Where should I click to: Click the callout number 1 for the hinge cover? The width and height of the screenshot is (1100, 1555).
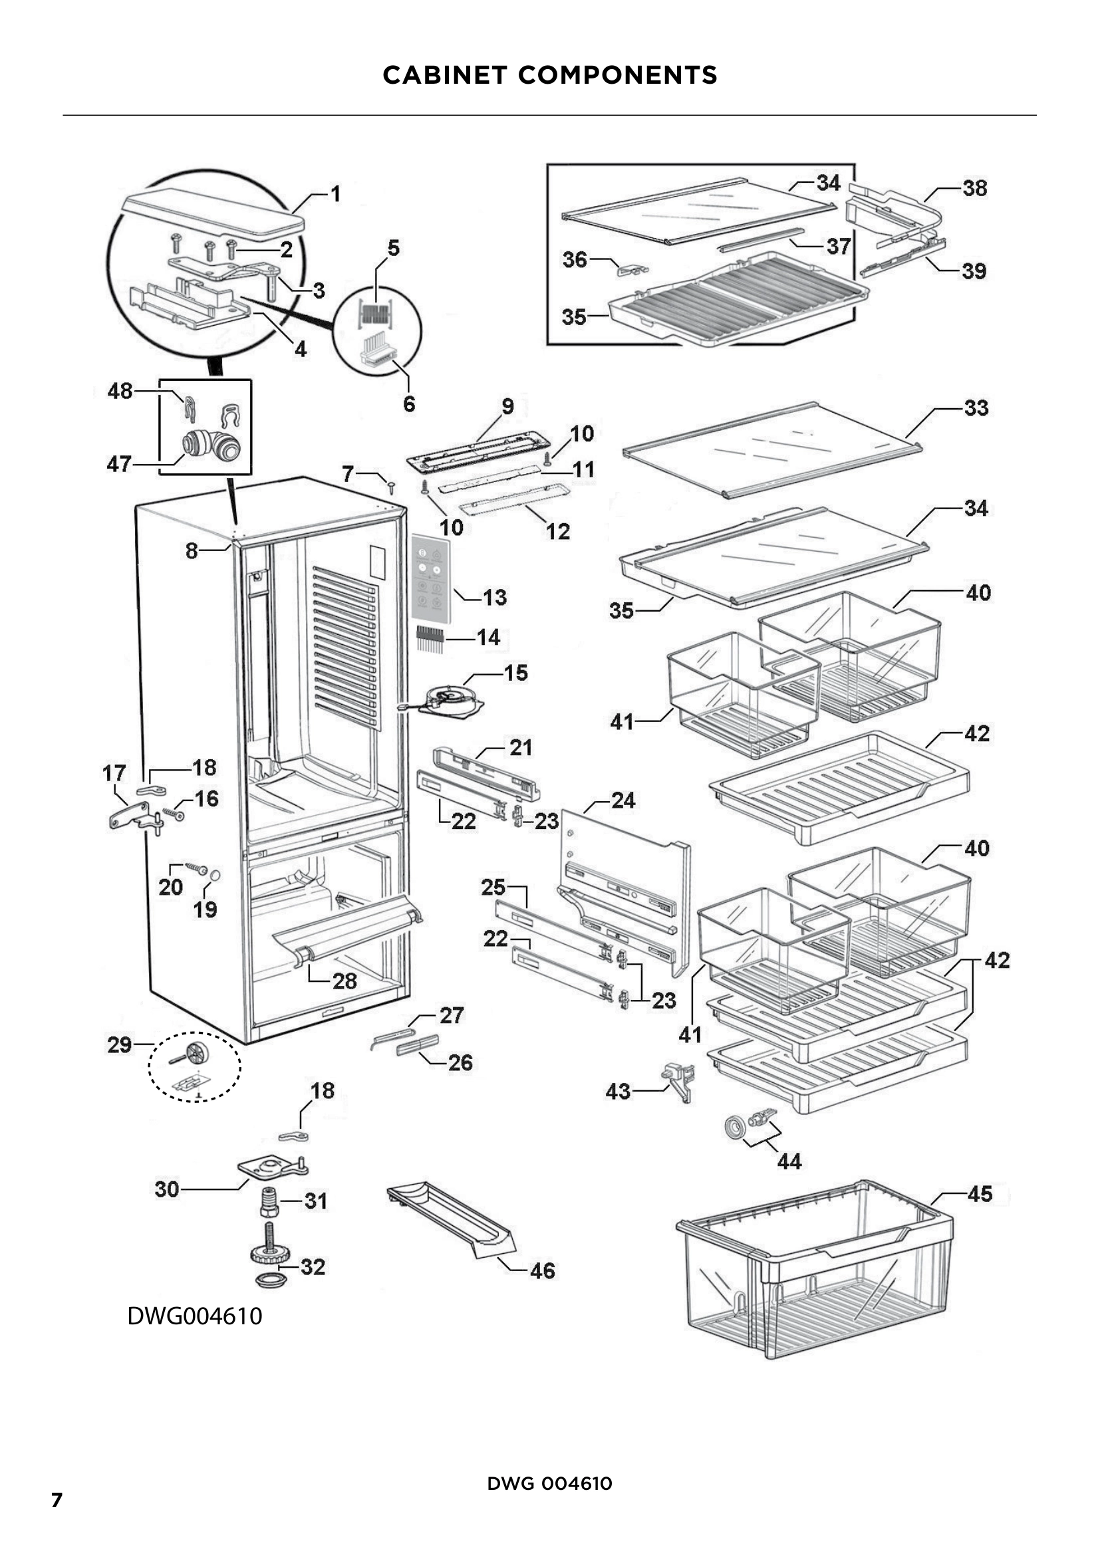[x=335, y=194]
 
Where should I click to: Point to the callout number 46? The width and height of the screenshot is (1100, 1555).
[x=543, y=1270]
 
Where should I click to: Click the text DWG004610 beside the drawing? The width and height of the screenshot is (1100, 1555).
[x=194, y=1316]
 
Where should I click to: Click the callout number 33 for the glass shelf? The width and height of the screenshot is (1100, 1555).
[x=976, y=408]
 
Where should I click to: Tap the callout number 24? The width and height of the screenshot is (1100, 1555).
[x=623, y=800]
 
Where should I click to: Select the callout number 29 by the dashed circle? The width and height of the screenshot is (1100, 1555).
[x=120, y=1044]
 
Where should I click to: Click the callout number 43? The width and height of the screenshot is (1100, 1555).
[x=618, y=1091]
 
